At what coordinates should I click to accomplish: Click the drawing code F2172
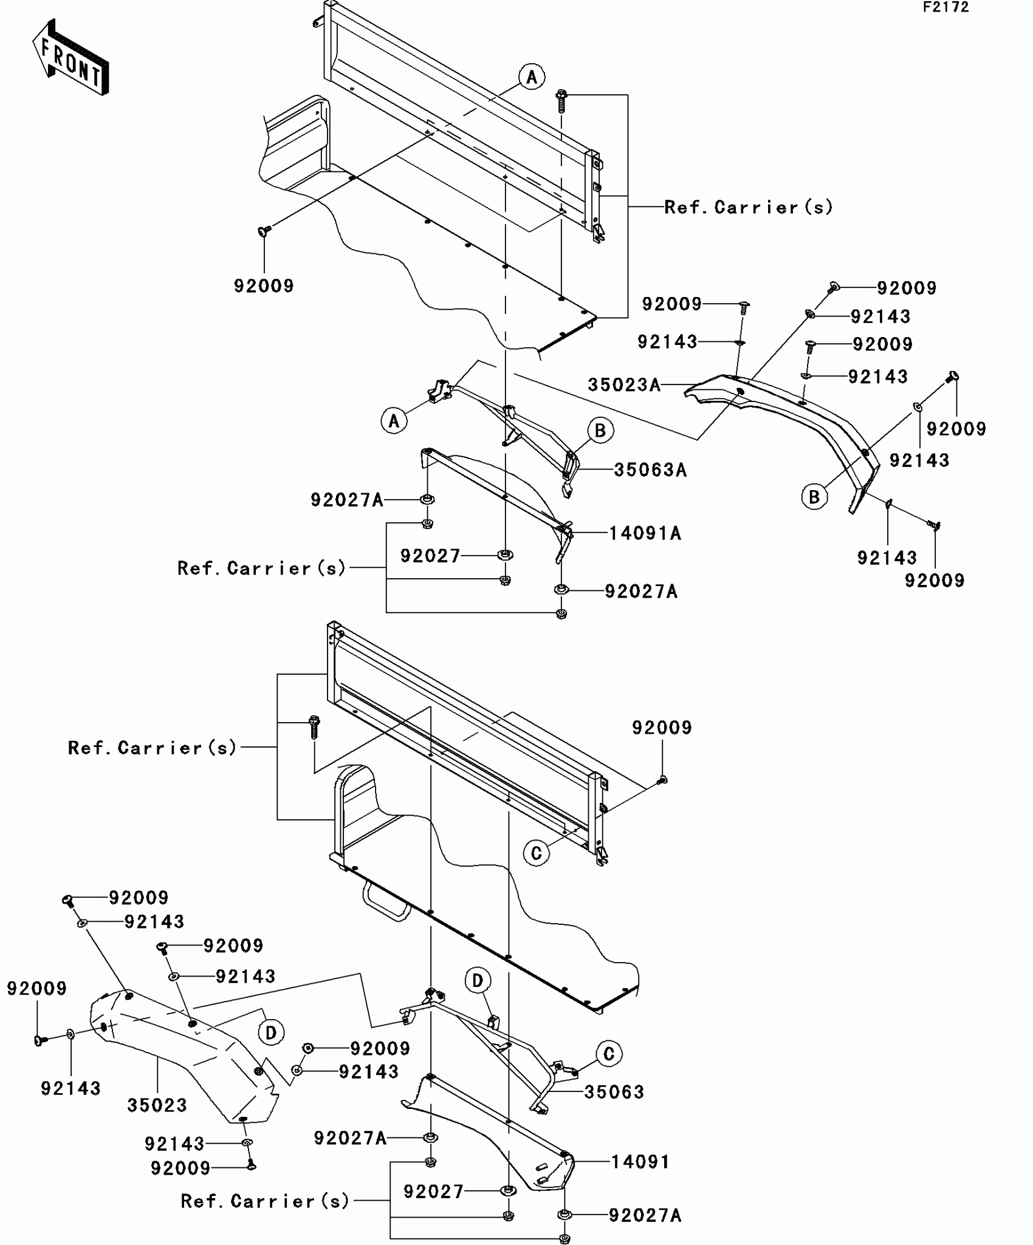pyautogui.click(x=946, y=7)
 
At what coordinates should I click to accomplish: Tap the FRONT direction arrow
pyautogui.click(x=70, y=58)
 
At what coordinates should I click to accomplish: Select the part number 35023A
pyautogui.click(x=624, y=384)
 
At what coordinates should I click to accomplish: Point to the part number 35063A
pyautogui.click(x=650, y=469)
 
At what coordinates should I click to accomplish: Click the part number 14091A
pyautogui.click(x=645, y=533)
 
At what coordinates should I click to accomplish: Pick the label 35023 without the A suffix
pyautogui.click(x=157, y=1105)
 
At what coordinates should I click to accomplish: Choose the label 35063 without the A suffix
pyautogui.click(x=614, y=1091)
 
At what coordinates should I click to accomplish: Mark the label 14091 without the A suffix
pyautogui.click(x=640, y=1161)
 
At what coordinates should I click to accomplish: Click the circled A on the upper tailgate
pyautogui.click(x=532, y=77)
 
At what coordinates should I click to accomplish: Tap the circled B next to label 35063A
pyautogui.click(x=600, y=431)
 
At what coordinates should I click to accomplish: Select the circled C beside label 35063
pyautogui.click(x=609, y=1054)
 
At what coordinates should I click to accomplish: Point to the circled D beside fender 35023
pyautogui.click(x=271, y=1032)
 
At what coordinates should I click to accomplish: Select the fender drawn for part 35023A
pyautogui.click(x=790, y=425)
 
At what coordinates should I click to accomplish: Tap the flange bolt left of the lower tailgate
pyautogui.click(x=314, y=726)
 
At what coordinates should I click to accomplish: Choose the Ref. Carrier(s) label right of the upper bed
pyautogui.click(x=748, y=207)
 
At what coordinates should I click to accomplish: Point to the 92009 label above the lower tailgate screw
pyautogui.click(x=662, y=728)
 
